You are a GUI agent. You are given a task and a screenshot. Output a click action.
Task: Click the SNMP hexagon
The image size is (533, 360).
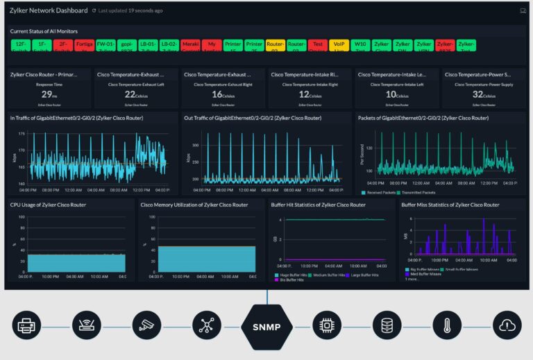(266, 325)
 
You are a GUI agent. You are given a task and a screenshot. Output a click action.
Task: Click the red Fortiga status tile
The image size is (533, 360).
(85, 46)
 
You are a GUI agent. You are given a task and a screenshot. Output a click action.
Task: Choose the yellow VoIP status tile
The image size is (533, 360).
(339, 46)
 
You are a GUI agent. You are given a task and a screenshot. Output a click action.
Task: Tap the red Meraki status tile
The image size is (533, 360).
(190, 46)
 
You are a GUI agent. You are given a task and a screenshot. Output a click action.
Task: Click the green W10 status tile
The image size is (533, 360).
(359, 46)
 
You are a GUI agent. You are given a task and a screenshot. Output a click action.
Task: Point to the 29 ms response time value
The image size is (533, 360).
(47, 95)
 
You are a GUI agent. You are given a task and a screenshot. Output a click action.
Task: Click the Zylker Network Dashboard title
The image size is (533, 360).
(49, 11)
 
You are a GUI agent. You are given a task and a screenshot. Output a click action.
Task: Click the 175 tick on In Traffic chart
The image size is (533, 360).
(21, 134)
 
